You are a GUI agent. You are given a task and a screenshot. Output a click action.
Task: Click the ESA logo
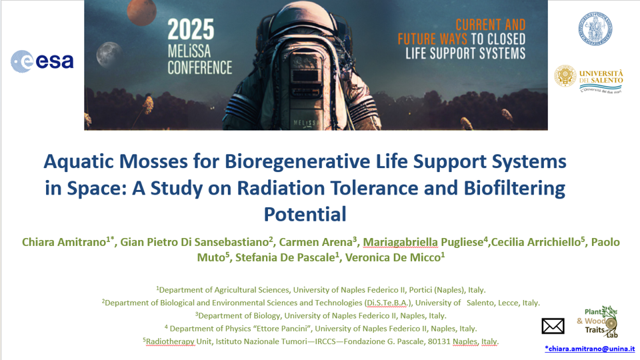click(42, 61)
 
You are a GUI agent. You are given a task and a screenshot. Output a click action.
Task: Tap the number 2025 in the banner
click(191, 29)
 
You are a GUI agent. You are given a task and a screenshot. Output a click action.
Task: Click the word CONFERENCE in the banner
click(199, 68)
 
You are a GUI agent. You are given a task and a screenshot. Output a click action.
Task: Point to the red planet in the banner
click(141, 12)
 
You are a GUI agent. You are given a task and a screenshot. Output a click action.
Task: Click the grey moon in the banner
click(108, 54)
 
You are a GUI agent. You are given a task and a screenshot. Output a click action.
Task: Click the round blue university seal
click(595, 29)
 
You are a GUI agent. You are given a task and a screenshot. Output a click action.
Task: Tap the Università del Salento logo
click(589, 79)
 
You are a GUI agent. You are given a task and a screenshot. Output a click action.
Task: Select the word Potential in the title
click(305, 214)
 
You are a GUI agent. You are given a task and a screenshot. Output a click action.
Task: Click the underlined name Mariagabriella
click(400, 243)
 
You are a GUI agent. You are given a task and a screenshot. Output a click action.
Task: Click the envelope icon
click(553, 326)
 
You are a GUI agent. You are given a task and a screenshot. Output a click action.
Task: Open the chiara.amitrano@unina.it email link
click(590, 349)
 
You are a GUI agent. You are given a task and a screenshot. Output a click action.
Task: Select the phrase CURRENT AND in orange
click(491, 25)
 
